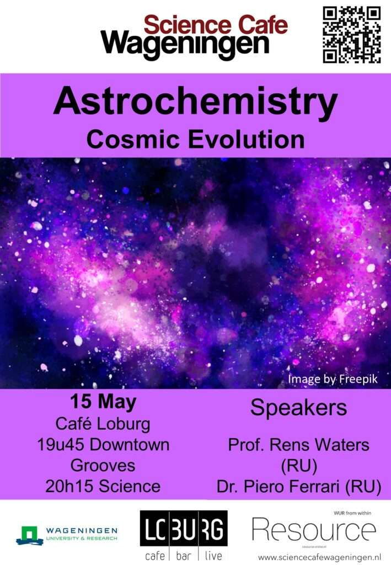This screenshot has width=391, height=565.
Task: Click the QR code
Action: [x=351, y=35]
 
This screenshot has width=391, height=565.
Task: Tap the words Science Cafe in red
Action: [x=216, y=25]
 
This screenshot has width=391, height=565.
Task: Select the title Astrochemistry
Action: [x=195, y=102]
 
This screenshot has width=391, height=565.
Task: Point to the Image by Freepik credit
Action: [x=333, y=379]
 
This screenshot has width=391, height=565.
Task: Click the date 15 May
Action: [x=103, y=402]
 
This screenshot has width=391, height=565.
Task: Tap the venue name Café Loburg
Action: [x=103, y=424]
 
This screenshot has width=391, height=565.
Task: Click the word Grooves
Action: [x=103, y=466]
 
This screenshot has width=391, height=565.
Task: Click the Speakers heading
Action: [x=298, y=408]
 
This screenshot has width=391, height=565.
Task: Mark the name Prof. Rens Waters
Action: [x=298, y=445]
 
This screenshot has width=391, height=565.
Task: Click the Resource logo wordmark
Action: [x=314, y=530]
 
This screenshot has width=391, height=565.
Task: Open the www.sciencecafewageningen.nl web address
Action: [x=320, y=558]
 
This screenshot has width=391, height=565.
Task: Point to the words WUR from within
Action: [x=352, y=513]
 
